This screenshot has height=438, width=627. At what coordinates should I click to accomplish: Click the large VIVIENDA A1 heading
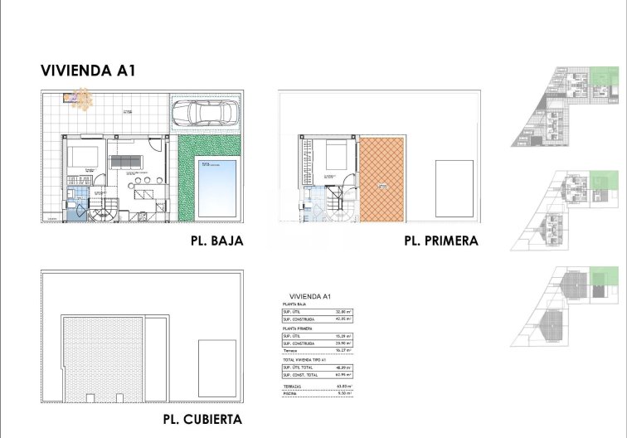[87, 71]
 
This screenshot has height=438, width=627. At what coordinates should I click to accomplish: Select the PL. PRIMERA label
[441, 241]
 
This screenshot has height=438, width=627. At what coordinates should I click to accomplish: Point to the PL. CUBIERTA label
[202, 419]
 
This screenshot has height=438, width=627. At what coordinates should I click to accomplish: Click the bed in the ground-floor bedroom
[83, 156]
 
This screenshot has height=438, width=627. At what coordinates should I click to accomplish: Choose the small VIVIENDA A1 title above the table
[310, 297]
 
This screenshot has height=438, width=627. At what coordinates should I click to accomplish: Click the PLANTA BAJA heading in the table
[295, 305]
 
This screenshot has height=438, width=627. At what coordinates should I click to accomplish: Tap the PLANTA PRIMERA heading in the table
[298, 328]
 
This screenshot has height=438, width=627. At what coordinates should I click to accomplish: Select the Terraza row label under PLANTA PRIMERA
[290, 351]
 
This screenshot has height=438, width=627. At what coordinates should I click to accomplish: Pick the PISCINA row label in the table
[291, 394]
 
